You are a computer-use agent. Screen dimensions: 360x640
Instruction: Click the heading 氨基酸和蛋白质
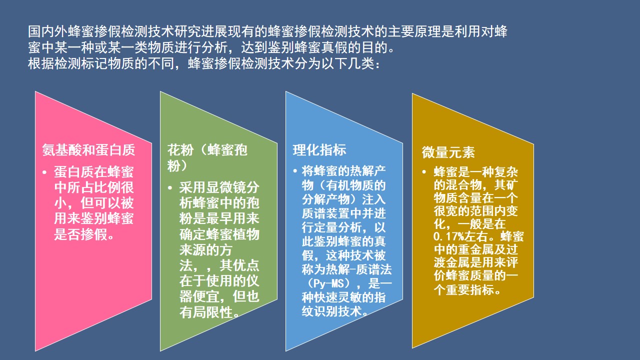pos(88,150)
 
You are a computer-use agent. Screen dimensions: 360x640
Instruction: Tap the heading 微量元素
pos(448,152)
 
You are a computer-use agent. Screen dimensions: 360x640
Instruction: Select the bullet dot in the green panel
pos(171,188)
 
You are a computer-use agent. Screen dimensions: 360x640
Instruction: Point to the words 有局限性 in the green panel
pos(205,313)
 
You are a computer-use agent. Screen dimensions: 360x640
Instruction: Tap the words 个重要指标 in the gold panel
pos(463,290)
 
